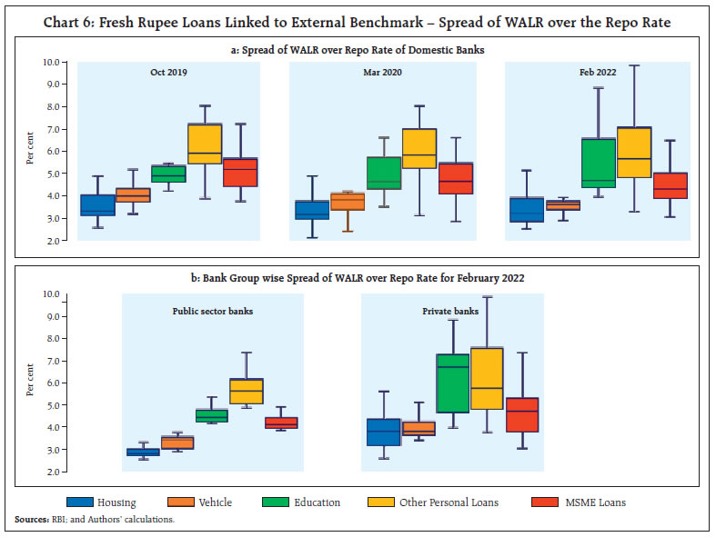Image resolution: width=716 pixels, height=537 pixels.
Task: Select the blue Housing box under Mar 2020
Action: pos(313,210)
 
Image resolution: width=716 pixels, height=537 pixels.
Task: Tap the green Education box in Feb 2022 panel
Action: pos(598,163)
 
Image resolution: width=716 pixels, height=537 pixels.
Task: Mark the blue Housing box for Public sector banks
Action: pos(143,452)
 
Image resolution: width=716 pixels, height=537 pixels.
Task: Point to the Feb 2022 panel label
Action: pos(598,72)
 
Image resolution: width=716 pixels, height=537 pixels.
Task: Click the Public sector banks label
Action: pos(213,310)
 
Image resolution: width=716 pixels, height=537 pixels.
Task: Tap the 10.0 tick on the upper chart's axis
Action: pos(50,62)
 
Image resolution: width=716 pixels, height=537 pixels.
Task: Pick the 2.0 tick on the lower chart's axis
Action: pos(50,472)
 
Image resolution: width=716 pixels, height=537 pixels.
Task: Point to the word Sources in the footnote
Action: pos(30,520)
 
